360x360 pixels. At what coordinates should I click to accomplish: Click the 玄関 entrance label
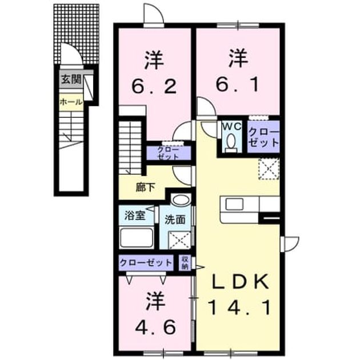(71, 79)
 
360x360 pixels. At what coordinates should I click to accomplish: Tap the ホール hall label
(71, 102)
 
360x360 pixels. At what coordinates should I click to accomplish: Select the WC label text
(231, 126)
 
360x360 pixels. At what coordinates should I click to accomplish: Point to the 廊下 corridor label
(145, 187)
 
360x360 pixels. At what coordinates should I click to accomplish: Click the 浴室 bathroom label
(135, 215)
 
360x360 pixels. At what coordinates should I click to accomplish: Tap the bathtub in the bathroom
(137, 238)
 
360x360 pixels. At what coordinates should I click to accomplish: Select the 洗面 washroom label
(175, 220)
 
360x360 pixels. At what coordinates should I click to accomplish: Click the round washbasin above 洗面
(181, 200)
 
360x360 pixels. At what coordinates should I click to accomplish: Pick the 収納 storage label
(185, 263)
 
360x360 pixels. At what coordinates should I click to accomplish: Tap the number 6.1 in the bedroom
(237, 84)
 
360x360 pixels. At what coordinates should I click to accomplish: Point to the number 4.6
(155, 327)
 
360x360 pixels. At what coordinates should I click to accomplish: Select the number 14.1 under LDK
(239, 308)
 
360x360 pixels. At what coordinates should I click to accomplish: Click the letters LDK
(239, 282)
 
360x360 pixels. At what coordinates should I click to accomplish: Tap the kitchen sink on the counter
(234, 204)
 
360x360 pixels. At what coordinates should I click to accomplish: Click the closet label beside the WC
(263, 137)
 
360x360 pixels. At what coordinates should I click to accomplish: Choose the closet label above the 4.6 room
(146, 262)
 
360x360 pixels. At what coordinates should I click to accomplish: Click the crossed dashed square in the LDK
(269, 169)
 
